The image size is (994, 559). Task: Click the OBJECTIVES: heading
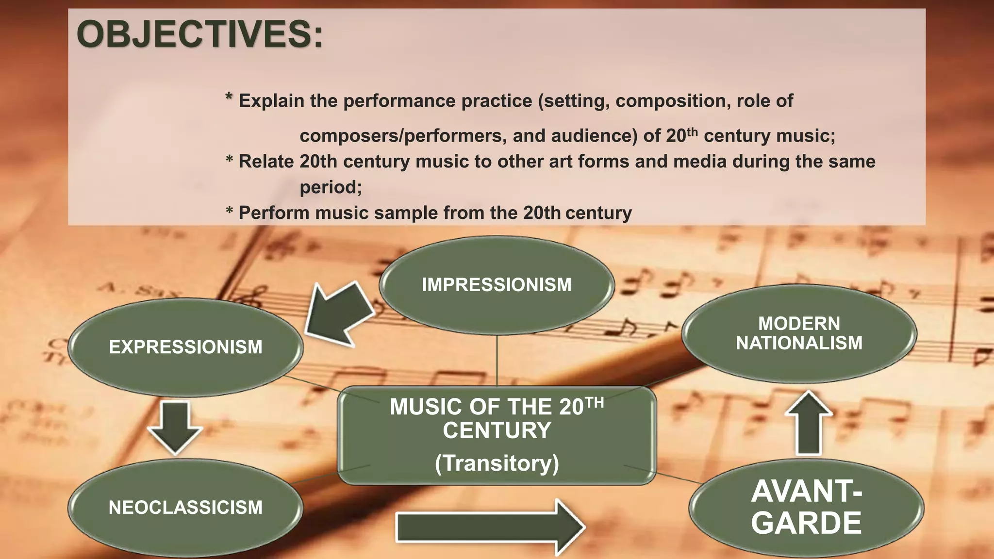[199, 35]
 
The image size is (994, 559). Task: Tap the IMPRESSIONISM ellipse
[497, 285]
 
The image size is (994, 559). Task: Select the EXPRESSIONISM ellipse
[185, 347]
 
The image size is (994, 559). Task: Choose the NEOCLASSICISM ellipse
[185, 508]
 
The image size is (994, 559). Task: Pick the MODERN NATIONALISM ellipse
[799, 333]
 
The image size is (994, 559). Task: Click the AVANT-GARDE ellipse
[806, 507]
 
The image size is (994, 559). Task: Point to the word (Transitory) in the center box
[497, 463]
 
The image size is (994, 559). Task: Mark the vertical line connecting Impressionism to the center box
[497, 361]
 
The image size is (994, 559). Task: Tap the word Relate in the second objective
[265, 162]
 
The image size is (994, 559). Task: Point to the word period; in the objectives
[331, 187]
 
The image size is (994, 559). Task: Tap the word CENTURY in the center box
[497, 430]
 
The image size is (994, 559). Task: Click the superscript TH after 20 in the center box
[594, 402]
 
